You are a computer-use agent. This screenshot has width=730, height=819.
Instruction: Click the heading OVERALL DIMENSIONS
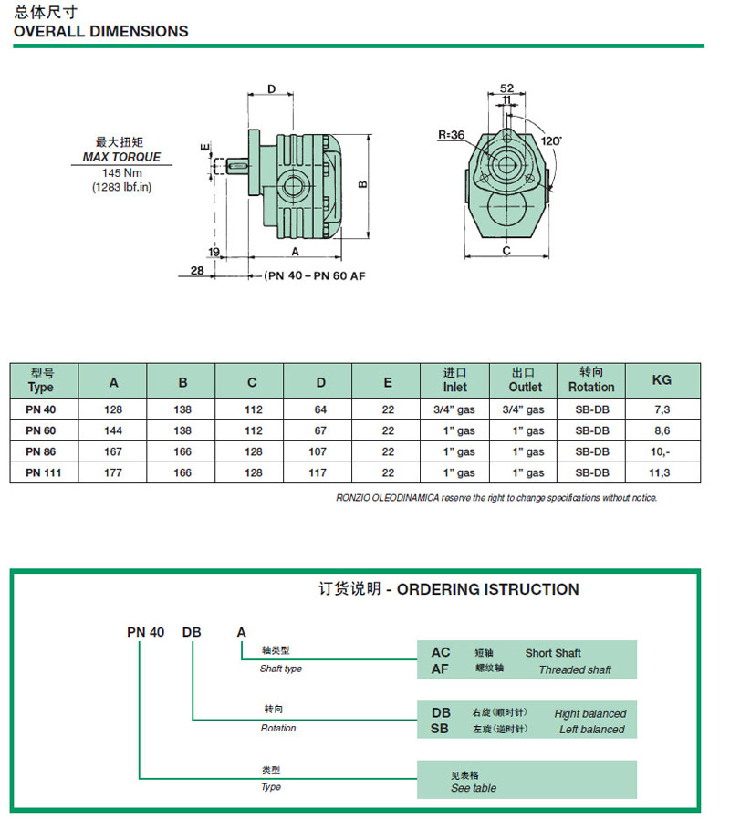[100, 31]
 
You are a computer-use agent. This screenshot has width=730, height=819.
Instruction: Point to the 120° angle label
[550, 141]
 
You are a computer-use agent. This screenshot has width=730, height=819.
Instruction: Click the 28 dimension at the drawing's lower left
[197, 271]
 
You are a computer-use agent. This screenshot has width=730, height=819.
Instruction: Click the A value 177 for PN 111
[113, 472]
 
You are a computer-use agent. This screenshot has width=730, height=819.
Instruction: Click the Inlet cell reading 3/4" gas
[455, 409]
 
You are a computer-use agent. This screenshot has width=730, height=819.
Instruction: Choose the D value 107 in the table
[320, 451]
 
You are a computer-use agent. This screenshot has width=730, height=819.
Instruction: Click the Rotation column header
[591, 379]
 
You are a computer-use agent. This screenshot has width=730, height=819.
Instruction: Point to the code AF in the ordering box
[441, 669]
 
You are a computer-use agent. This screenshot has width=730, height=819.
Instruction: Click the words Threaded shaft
[575, 669]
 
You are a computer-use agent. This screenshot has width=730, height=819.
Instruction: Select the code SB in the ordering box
[441, 729]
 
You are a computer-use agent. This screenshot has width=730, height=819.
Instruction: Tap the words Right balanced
[590, 714]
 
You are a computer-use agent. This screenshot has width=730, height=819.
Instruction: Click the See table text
[474, 788]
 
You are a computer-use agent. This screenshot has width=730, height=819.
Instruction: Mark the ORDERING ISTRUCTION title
[487, 589]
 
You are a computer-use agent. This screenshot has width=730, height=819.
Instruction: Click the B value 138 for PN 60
[182, 430]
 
